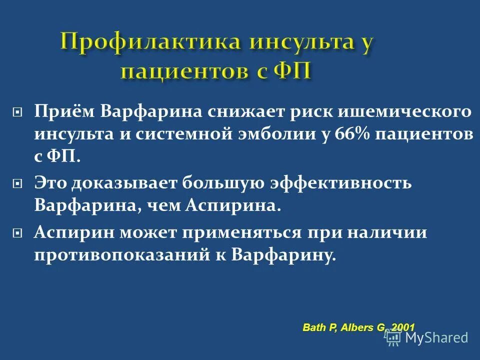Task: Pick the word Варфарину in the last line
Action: tap(283, 255)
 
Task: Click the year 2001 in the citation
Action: tap(402, 327)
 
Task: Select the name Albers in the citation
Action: tap(354, 327)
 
